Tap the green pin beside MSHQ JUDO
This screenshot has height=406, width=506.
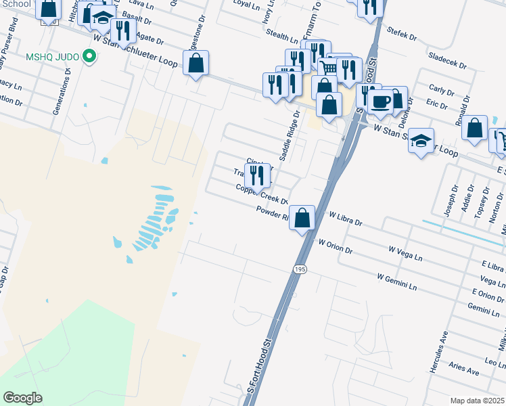tap(88, 57)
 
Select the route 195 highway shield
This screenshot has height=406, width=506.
tap(300, 269)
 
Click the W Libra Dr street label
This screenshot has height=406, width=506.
tap(346, 219)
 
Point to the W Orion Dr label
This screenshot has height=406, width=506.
tap(336, 246)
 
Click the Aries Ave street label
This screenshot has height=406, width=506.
tap(464, 369)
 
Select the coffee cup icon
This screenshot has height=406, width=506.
tap(382, 101)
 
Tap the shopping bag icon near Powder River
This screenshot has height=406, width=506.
tap(303, 218)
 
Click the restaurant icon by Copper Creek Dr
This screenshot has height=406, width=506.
tap(258, 175)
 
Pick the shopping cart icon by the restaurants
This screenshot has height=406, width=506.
tap(328, 68)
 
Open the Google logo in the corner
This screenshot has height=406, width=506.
tap(22, 397)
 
